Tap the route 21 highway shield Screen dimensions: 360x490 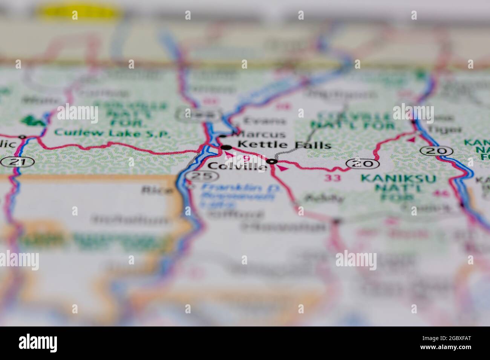17,162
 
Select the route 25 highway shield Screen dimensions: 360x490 203,175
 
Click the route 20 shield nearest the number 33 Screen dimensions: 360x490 362,163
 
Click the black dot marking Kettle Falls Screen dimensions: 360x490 226,147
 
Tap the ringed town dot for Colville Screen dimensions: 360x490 272,162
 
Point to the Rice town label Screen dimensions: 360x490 157,190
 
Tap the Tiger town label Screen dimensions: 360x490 450,129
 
